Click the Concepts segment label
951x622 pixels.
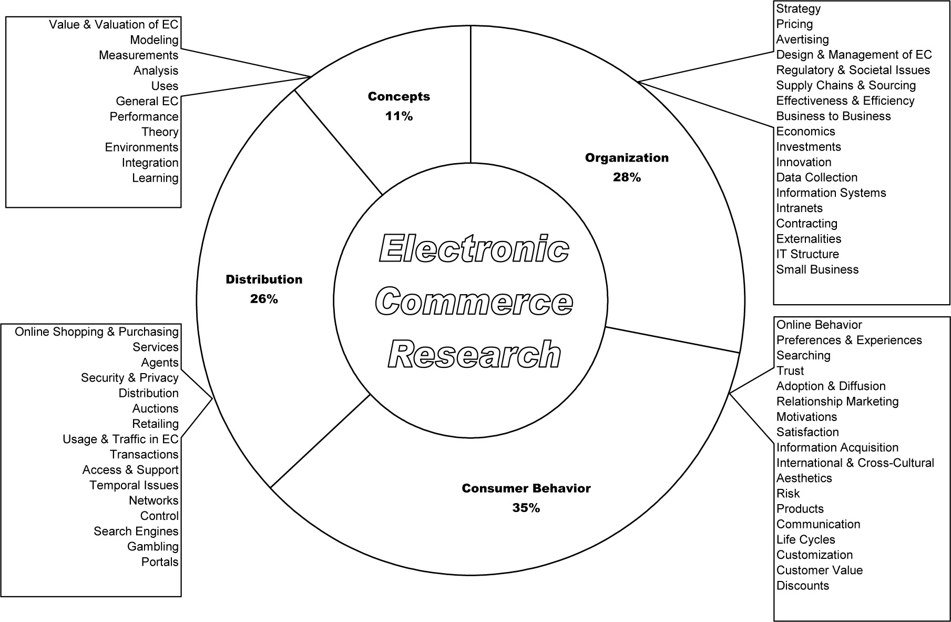tap(398, 96)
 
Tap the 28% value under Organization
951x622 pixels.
tap(627, 177)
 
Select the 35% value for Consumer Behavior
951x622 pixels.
tap(526, 508)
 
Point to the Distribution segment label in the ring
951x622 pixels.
tap(264, 279)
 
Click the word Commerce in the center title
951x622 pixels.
tap(474, 302)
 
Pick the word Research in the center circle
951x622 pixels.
tap(474, 354)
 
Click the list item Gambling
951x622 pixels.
tap(152, 546)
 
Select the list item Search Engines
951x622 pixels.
tap(136, 531)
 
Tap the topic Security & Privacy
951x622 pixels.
tap(129, 377)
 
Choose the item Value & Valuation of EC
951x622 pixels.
tap(114, 24)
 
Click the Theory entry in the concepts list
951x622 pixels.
tap(160, 132)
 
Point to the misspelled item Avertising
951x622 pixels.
tap(802, 39)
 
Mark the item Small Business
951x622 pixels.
tap(817, 269)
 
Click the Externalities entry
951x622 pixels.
tap(809, 239)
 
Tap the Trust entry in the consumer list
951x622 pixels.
tap(790, 370)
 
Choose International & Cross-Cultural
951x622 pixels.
tap(855, 463)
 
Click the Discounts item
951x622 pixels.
tap(802, 585)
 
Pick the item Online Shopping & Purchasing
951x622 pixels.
tap(97, 332)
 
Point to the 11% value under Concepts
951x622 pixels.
tap(398, 116)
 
